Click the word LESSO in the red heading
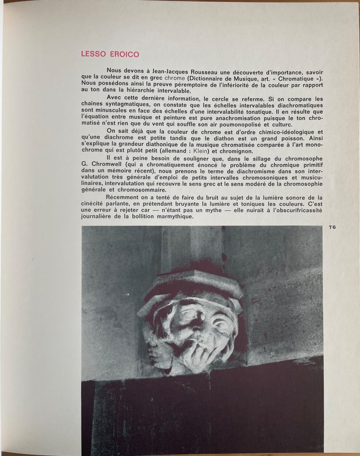[x=93, y=54]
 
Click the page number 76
[x=332, y=227]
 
